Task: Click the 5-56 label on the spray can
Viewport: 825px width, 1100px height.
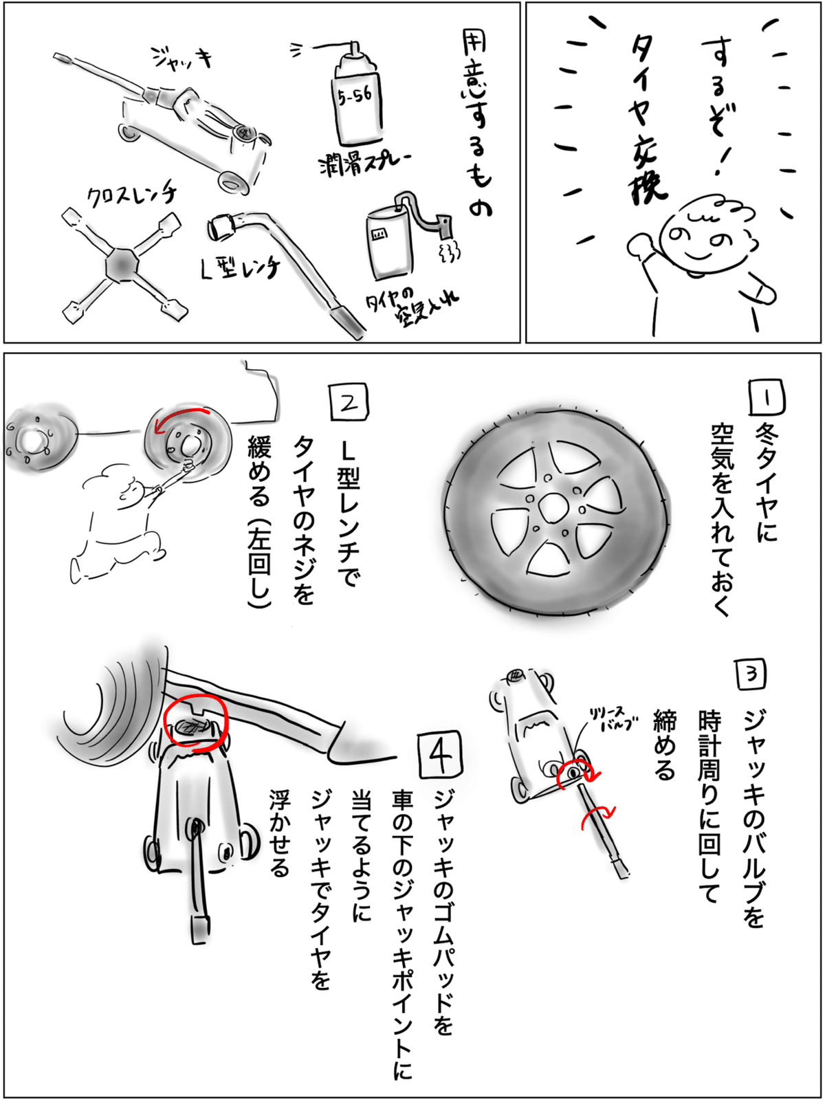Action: [x=355, y=95]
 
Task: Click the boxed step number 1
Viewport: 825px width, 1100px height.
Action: [x=767, y=397]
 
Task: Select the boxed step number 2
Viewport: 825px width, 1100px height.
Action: [x=349, y=402]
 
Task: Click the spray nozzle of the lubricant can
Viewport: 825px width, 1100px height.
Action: [x=355, y=48]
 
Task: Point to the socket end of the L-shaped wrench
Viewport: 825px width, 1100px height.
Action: [x=221, y=227]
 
